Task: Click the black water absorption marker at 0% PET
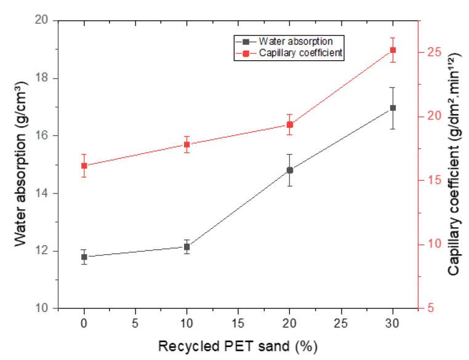[x=84, y=257]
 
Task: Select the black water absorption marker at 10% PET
[x=186, y=247]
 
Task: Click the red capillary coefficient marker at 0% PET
[x=84, y=166]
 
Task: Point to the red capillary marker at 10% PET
[x=186, y=145]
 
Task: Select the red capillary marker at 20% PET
[x=290, y=124]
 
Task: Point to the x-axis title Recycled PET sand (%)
[x=238, y=346]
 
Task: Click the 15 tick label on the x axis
[x=238, y=322]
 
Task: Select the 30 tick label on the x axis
[x=393, y=322]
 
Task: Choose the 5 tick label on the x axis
[x=135, y=322]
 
